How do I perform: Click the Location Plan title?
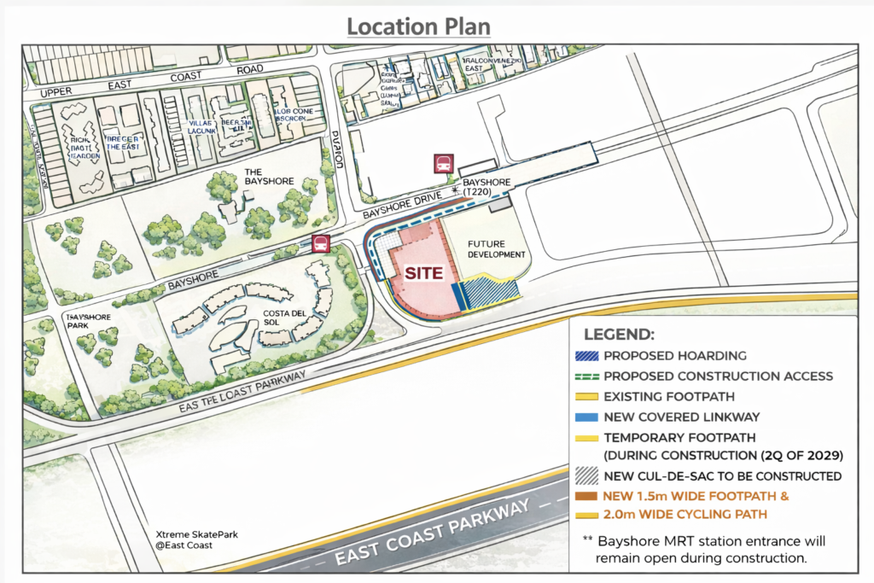tap(418, 26)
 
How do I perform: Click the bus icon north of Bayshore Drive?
tap(443, 164)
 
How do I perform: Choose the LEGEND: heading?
tap(619, 334)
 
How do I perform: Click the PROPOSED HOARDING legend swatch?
tap(588, 355)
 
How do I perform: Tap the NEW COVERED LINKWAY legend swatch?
tap(588, 416)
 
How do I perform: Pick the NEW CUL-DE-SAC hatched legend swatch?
tap(588, 475)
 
